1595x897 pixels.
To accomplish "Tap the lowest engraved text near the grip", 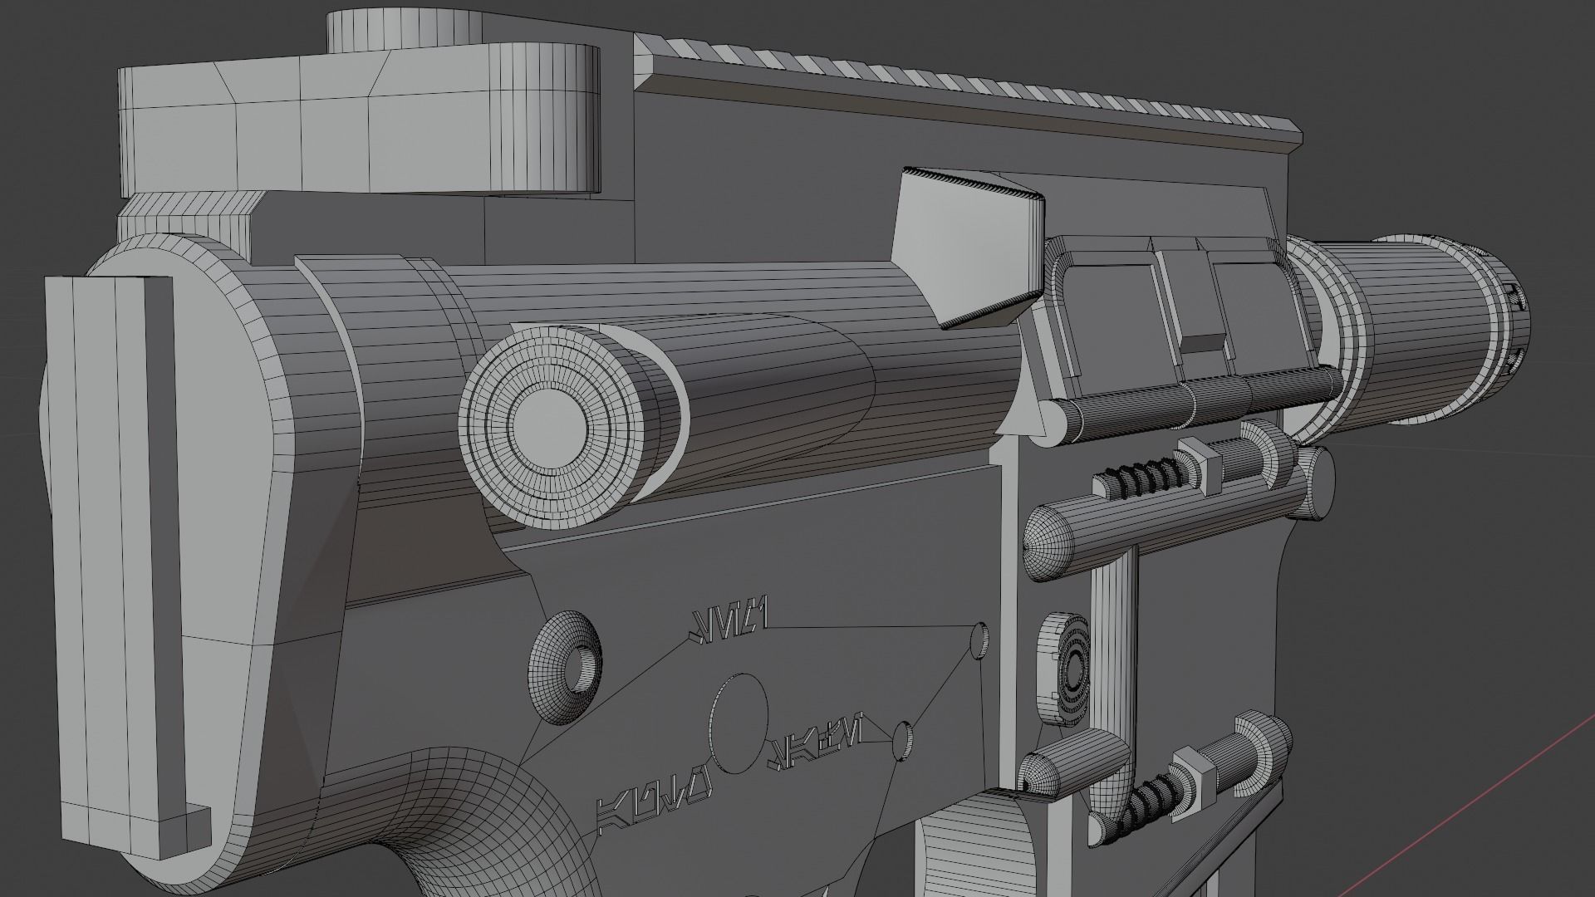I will coord(652,806).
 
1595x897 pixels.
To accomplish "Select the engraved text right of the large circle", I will coord(818,731).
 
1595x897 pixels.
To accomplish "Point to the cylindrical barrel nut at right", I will coord(1429,332).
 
